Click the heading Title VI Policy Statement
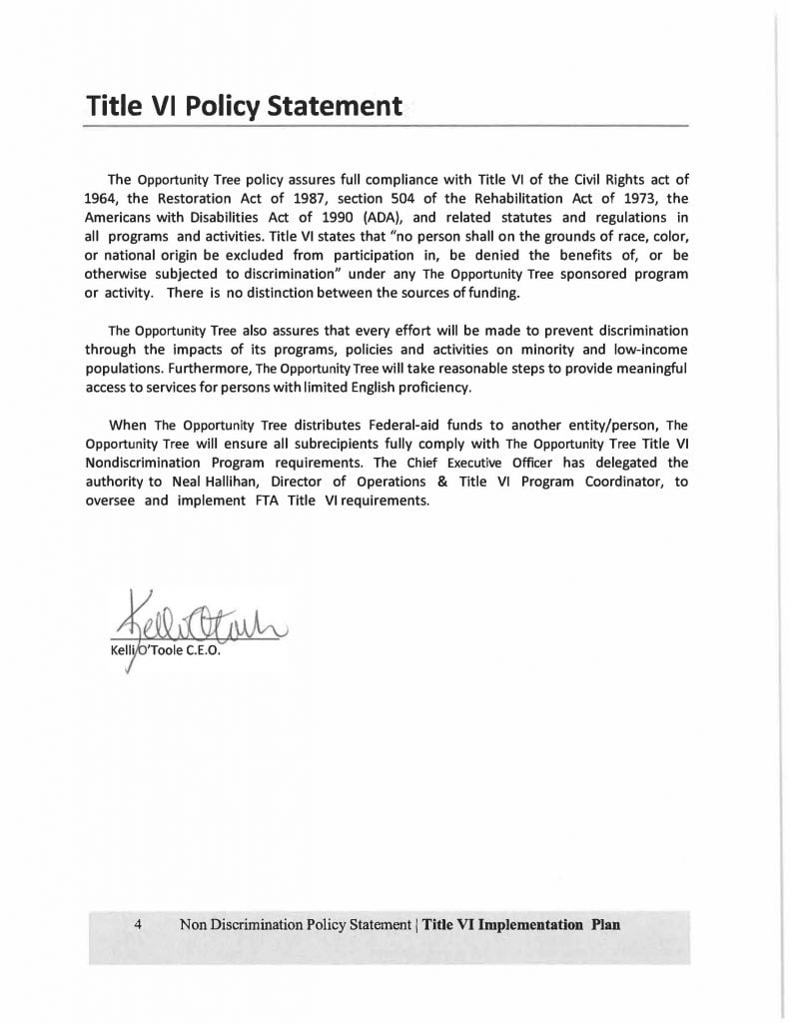[x=244, y=105]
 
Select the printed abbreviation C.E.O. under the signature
[x=198, y=653]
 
